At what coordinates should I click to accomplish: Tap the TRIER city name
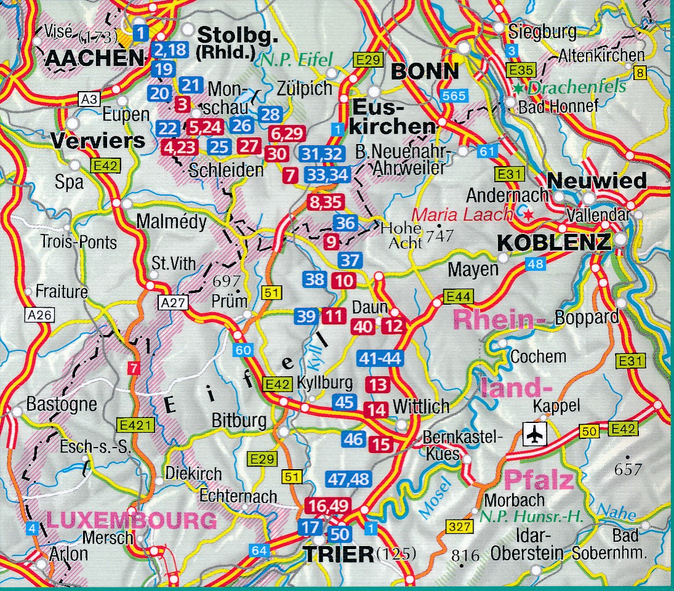tap(338, 554)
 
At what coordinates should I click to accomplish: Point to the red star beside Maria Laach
tap(528, 215)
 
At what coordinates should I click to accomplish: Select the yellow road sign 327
tap(460, 527)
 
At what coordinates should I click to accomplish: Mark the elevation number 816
tap(465, 556)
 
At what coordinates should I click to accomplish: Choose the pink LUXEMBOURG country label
tap(132, 521)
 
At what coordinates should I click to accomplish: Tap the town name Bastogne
tap(62, 404)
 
